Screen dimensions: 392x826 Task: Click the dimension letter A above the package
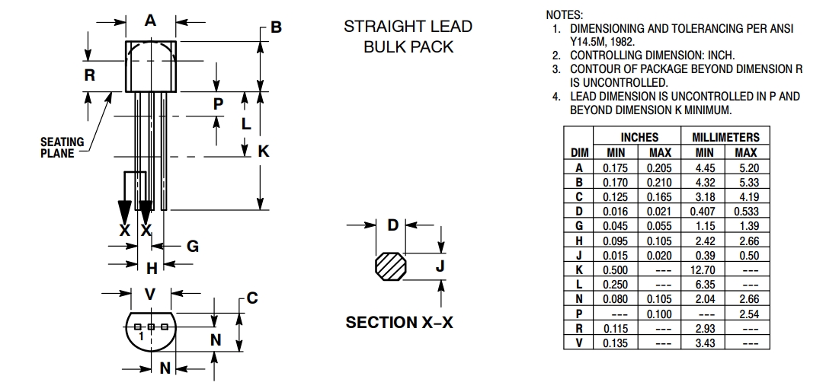pyautogui.click(x=150, y=21)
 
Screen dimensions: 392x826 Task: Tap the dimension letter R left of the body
pyautogui.click(x=89, y=75)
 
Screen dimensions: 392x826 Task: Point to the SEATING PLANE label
pyautogui.click(x=58, y=147)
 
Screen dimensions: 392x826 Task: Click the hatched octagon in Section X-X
pyautogui.click(x=393, y=267)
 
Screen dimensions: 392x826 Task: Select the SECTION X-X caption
pyautogui.click(x=399, y=323)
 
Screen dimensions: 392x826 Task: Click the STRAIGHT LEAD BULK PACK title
pyautogui.click(x=408, y=37)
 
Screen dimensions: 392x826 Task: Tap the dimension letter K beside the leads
pyautogui.click(x=264, y=151)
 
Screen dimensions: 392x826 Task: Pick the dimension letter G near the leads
pyautogui.click(x=193, y=246)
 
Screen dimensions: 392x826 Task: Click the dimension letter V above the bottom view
pyautogui.click(x=150, y=294)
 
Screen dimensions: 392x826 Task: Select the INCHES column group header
pyautogui.click(x=639, y=138)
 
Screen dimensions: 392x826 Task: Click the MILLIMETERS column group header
pyautogui.click(x=725, y=138)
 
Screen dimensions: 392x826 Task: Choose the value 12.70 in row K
pyautogui.click(x=705, y=269)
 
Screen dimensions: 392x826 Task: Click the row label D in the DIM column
pyautogui.click(x=578, y=211)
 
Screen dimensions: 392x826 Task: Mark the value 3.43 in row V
pyautogui.click(x=705, y=343)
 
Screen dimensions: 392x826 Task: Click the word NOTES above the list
pyautogui.click(x=565, y=15)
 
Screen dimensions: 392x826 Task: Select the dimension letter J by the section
pyautogui.click(x=440, y=266)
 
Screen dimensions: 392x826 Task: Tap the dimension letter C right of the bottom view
pyautogui.click(x=251, y=298)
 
